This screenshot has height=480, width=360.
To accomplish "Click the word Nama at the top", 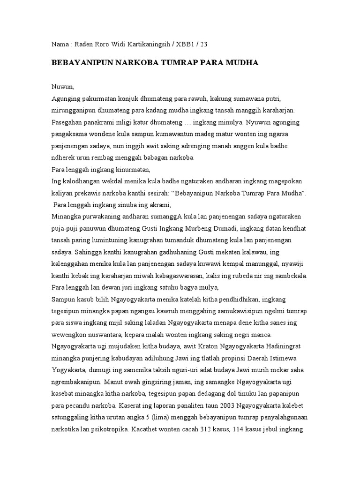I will [59, 45].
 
